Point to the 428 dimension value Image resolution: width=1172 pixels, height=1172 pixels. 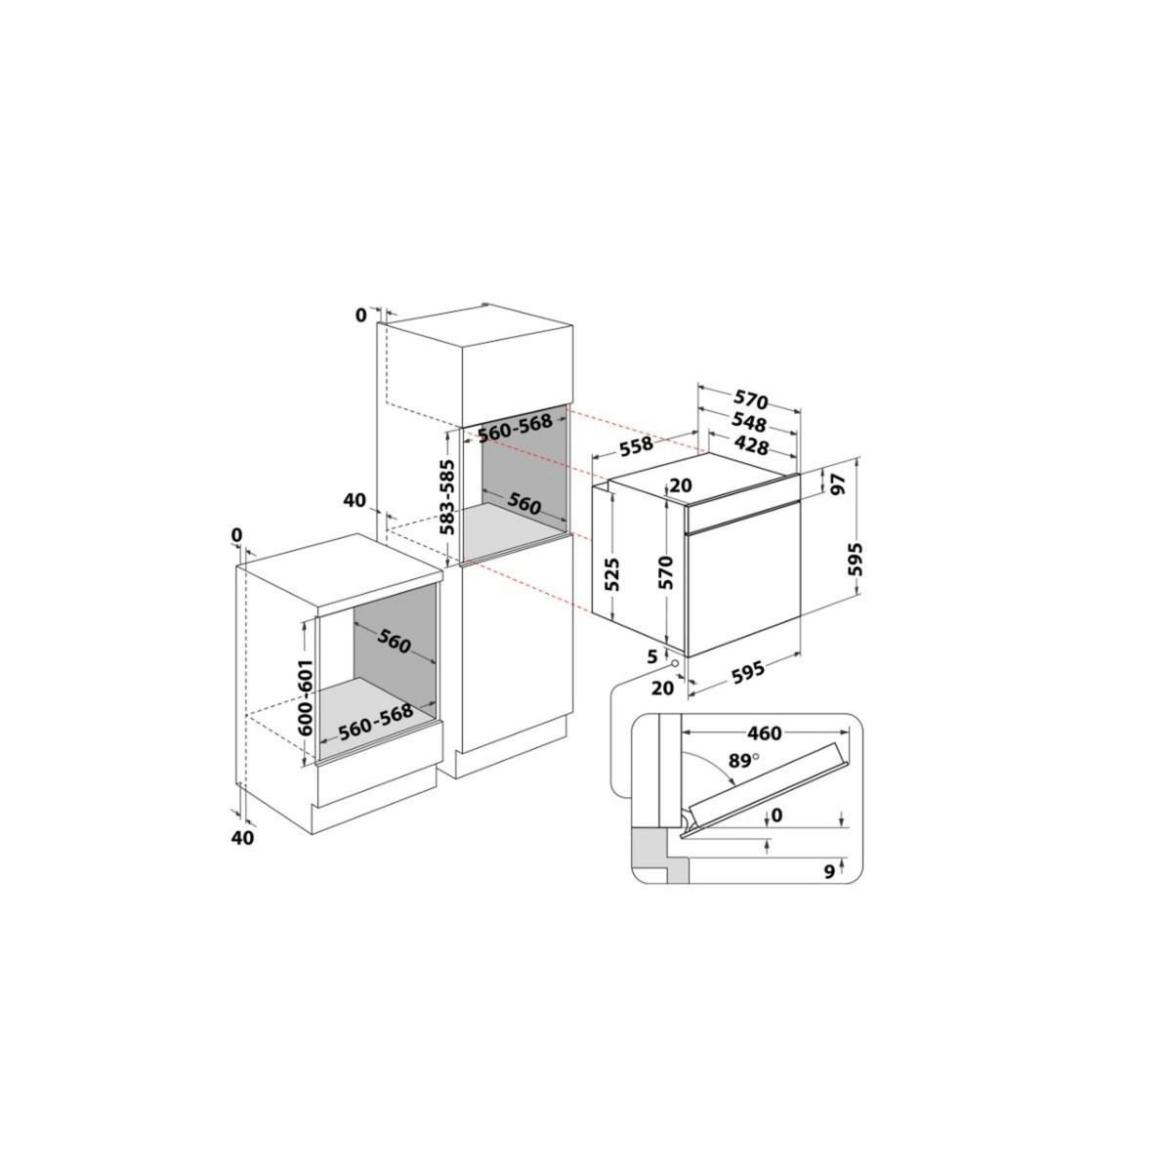click(751, 446)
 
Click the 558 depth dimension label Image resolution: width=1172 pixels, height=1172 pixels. click(637, 446)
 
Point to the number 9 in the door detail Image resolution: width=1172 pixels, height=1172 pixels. click(829, 872)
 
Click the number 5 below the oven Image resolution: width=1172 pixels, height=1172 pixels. click(651, 656)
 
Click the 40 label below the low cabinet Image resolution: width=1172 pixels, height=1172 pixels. click(242, 837)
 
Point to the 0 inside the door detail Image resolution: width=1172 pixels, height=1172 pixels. click(776, 815)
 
